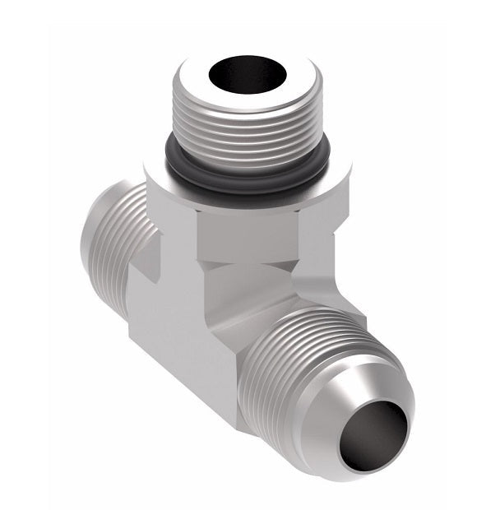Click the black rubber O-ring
[247, 173]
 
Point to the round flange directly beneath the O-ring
[247, 194]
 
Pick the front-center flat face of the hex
[247, 230]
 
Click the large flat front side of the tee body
[181, 345]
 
